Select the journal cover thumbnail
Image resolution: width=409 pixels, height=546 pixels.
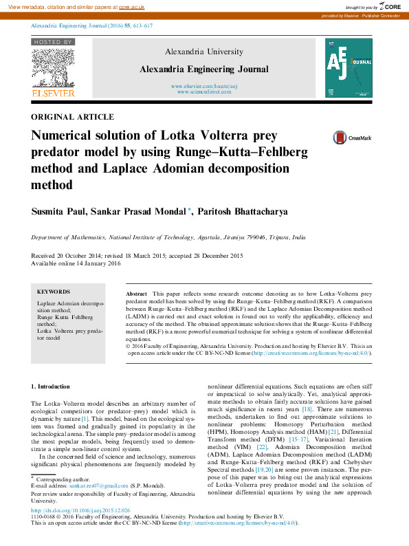(348, 67)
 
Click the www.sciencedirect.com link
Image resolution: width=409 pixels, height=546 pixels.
(203, 91)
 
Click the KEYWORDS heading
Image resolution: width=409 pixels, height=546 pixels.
(53, 292)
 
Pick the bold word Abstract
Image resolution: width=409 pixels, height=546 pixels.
(136, 294)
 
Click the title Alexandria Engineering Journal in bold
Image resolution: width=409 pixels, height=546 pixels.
(203, 69)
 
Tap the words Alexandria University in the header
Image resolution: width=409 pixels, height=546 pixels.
(203, 52)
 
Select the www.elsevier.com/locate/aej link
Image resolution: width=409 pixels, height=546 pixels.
(203, 85)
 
